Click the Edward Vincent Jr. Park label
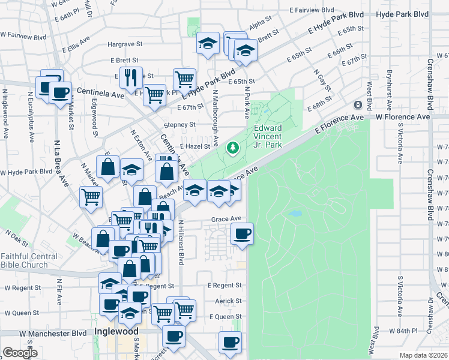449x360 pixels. pyautogui.click(x=268, y=136)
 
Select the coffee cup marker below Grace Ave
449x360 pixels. pyautogui.click(x=242, y=233)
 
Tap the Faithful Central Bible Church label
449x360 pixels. pyautogui.click(x=29, y=260)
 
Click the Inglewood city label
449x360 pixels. pyautogui.click(x=116, y=331)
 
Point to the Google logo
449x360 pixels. pyautogui.click(x=20, y=353)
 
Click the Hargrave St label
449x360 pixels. pyautogui.click(x=124, y=44)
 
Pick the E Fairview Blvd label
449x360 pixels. pyautogui.click(x=311, y=11)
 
